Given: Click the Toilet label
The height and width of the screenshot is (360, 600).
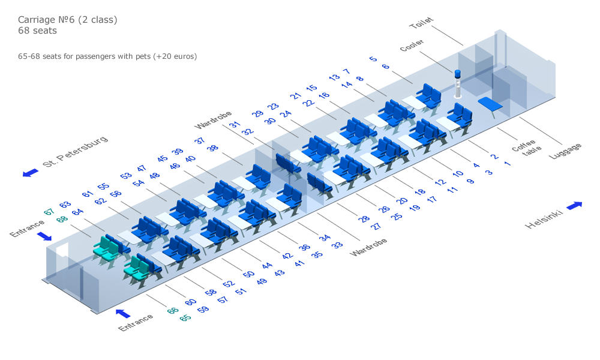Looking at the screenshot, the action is click(x=421, y=23).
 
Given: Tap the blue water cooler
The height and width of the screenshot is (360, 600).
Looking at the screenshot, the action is click(x=457, y=84).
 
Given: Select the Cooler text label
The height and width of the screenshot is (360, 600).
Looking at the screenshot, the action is click(x=412, y=45).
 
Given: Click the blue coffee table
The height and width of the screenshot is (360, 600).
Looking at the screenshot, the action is click(x=490, y=104).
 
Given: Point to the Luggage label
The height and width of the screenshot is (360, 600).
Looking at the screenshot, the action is click(x=565, y=151).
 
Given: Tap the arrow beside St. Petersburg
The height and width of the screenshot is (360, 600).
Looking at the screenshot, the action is click(x=31, y=173).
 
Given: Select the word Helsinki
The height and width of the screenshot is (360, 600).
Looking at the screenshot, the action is click(x=544, y=219).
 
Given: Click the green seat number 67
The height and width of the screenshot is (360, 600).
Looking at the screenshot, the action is click(x=49, y=212).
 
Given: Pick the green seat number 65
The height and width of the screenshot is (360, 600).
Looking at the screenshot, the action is click(x=185, y=318).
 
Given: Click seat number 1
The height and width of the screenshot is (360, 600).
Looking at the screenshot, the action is click(x=508, y=163).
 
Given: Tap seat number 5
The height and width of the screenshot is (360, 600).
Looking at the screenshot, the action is click(x=373, y=59).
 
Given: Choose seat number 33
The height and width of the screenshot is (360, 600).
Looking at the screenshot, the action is click(x=337, y=245).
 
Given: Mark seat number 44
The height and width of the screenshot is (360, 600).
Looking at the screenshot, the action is click(x=267, y=265).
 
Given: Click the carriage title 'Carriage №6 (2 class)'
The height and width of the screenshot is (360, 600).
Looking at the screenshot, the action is click(x=68, y=20).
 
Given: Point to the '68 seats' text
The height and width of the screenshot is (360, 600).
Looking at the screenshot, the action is click(x=37, y=31).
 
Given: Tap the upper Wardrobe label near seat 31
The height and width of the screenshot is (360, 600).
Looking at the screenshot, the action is click(x=213, y=120).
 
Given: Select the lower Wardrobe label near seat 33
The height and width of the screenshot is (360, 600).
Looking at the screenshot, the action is click(x=368, y=247).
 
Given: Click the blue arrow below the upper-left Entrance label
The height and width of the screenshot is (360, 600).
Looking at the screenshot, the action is click(x=44, y=236).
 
